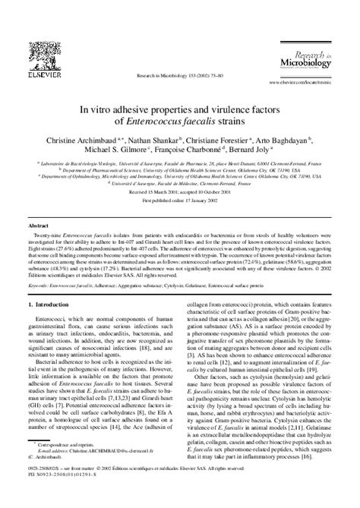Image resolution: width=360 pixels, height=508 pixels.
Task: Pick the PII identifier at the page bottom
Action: click(64, 498)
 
